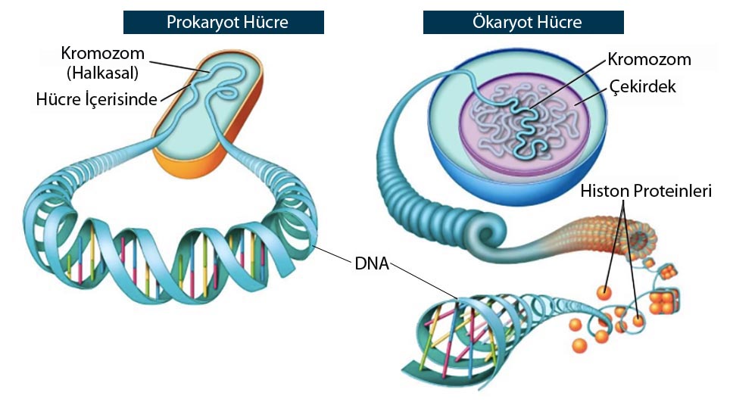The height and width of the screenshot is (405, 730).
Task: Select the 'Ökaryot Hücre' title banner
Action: (x=523, y=22)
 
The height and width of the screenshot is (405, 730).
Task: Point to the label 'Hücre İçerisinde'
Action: (x=96, y=99)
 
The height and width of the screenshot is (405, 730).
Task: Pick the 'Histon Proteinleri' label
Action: (x=646, y=191)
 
